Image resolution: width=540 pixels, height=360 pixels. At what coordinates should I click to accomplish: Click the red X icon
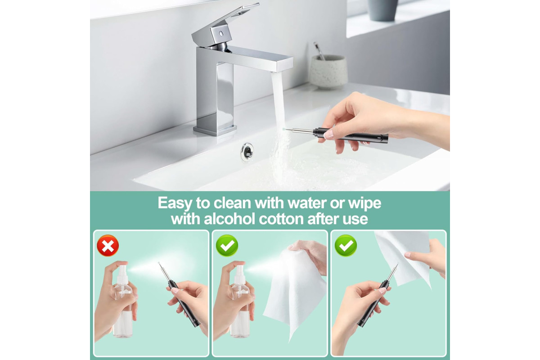[x=108, y=245]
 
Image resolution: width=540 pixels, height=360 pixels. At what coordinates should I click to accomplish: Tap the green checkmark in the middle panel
[x=227, y=245]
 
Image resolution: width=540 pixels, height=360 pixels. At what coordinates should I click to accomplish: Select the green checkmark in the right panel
[x=346, y=245]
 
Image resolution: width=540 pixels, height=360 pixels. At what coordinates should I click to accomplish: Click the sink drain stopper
[x=247, y=152]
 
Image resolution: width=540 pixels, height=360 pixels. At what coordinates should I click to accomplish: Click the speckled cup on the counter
[x=328, y=72]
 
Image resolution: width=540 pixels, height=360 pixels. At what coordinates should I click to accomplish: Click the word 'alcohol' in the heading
[x=229, y=219]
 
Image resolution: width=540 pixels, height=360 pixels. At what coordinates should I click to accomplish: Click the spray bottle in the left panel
[x=123, y=301]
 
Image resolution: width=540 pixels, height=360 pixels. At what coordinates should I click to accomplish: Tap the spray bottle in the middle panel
[x=240, y=301]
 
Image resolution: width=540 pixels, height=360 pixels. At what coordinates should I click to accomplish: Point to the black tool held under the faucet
[x=337, y=135]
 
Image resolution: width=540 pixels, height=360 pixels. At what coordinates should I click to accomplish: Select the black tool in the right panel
[x=377, y=295]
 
